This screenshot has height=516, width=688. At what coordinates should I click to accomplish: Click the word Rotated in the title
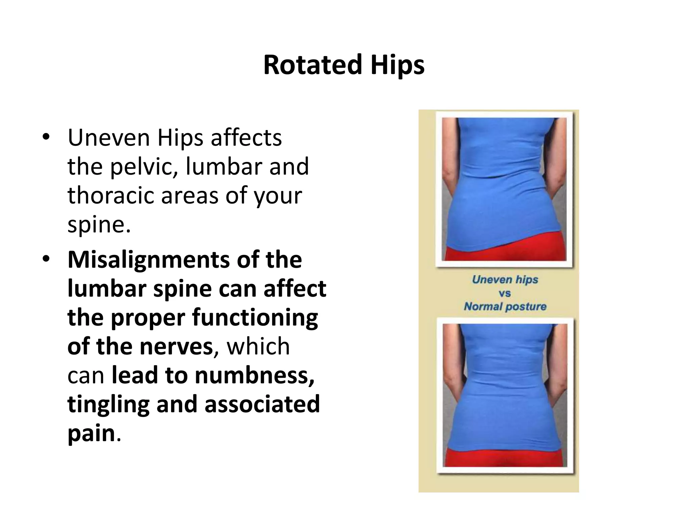tap(312, 65)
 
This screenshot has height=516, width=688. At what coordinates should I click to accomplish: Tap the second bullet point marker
tap(46, 259)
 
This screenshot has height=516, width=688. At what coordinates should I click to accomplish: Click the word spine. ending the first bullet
tap(99, 224)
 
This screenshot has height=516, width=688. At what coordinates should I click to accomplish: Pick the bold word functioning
tap(255, 318)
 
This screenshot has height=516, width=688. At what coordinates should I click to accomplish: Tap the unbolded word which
tap(258, 346)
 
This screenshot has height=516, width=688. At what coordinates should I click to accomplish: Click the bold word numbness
tap(254, 375)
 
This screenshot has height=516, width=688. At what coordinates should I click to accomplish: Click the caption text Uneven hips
tap(505, 279)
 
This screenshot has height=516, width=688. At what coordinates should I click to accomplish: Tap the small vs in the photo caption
tap(505, 293)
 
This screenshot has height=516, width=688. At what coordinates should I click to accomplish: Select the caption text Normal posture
tap(505, 306)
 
